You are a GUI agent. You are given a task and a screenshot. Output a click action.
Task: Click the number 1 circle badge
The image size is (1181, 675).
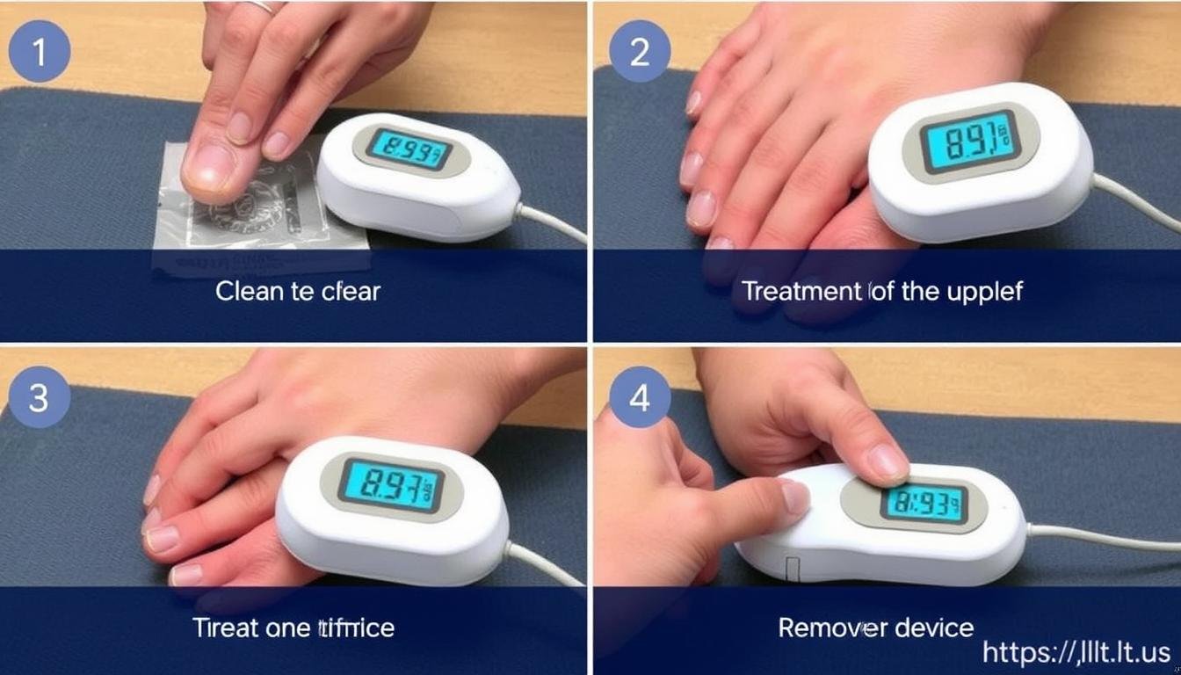coord(39,52)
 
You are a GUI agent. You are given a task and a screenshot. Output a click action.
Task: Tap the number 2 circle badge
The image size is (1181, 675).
coord(640,52)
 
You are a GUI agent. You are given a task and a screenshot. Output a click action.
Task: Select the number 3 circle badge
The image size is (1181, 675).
coord(39,397)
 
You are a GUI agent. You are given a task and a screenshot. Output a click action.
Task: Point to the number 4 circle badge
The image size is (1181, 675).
coord(640,397)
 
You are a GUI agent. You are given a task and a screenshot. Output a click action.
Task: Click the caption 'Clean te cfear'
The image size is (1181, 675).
coord(298,292)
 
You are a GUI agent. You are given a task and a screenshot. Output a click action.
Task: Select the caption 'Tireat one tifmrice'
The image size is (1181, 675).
coord(293,628)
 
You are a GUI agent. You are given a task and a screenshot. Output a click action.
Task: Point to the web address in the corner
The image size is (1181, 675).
coord(1076,652)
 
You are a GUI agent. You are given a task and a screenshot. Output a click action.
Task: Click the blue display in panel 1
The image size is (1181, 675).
coord(408,149)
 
